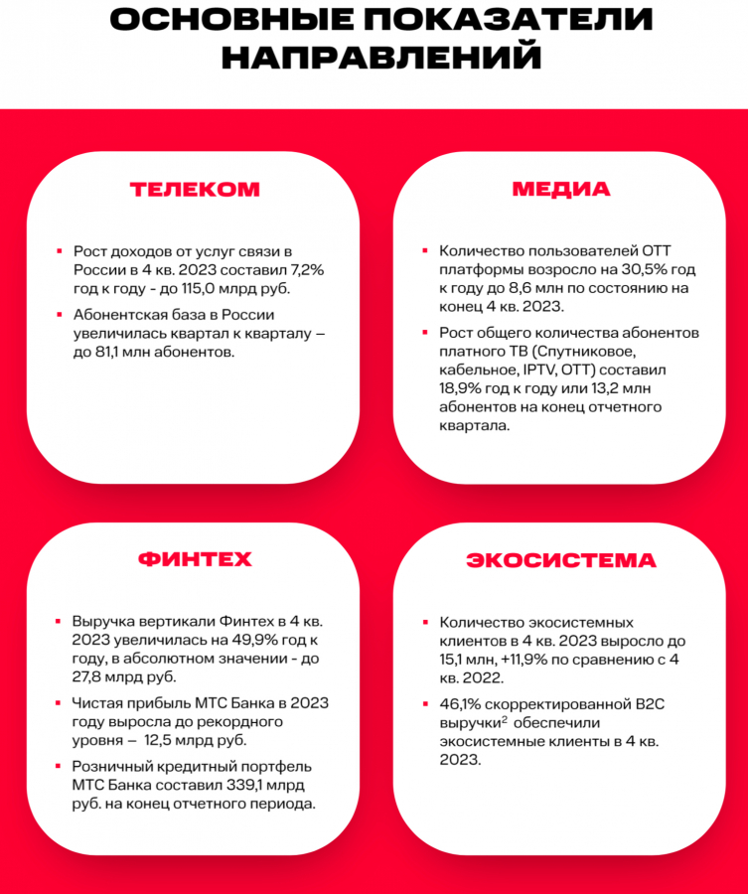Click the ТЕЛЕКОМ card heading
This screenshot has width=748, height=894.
click(x=195, y=189)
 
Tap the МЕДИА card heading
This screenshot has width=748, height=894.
click(x=561, y=189)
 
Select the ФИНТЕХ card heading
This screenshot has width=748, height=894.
click(x=195, y=558)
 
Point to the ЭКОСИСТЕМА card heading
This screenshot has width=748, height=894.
click(x=561, y=559)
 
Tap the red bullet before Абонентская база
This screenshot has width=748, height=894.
click(x=61, y=315)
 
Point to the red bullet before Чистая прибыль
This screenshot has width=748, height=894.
click(x=61, y=703)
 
